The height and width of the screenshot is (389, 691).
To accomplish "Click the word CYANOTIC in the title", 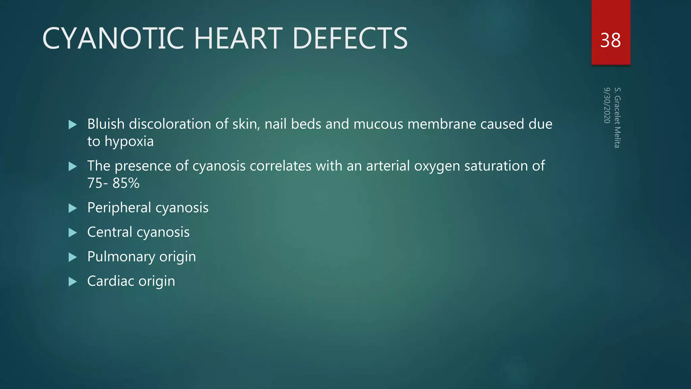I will pos(113,38).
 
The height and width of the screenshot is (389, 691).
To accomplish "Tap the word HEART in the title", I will pos(238,38).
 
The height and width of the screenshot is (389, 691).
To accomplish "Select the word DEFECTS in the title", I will pos(350,38).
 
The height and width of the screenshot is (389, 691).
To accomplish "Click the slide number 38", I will pos(610,41).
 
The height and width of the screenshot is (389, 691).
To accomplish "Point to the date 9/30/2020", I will pos(607,105).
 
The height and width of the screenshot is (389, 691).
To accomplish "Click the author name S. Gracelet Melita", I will pos(617,118).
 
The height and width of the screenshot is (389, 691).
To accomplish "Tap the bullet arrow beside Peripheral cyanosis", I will pos(73,208).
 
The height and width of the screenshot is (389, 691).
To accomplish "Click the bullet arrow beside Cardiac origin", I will pos(73,282).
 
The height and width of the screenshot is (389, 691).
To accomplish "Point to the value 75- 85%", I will pos(113,183).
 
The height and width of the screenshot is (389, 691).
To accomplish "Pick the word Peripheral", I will pos(119,208).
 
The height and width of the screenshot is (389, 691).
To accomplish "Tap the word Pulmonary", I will pos(121,257).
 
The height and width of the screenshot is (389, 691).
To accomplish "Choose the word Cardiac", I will pos(110,281).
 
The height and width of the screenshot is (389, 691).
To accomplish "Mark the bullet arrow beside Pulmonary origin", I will pos(73,257).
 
